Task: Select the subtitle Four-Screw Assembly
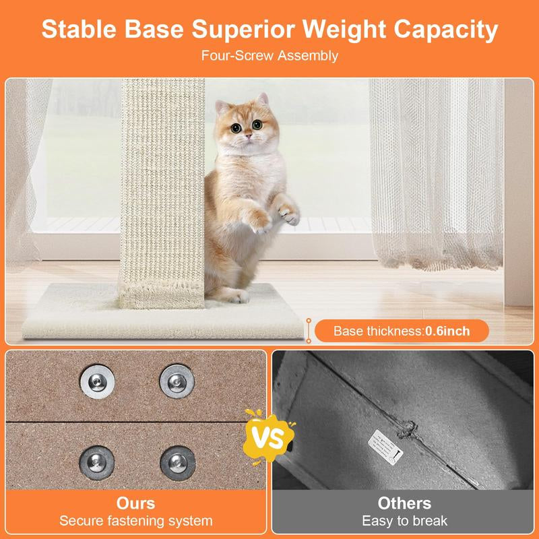[x=269, y=56]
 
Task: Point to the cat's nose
[x=247, y=137]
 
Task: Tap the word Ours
[x=135, y=503]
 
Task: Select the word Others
[x=404, y=503]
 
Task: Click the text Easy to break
[x=404, y=521]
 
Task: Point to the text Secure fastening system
[x=135, y=521]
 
